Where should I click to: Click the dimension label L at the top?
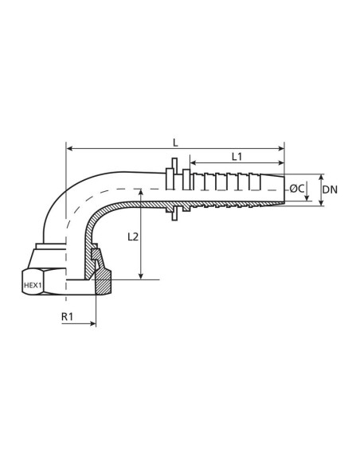tap(175, 141)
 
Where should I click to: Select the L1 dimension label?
tap(237, 157)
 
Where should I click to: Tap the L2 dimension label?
tap(133, 237)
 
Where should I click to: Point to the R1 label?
tap(69, 316)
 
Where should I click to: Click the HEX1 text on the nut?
tap(33, 283)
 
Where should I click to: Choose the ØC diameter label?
tap(296, 189)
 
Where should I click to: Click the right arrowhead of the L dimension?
tap(280, 148)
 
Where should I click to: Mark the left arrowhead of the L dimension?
tap(69, 148)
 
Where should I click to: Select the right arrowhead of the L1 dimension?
tap(280, 165)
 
